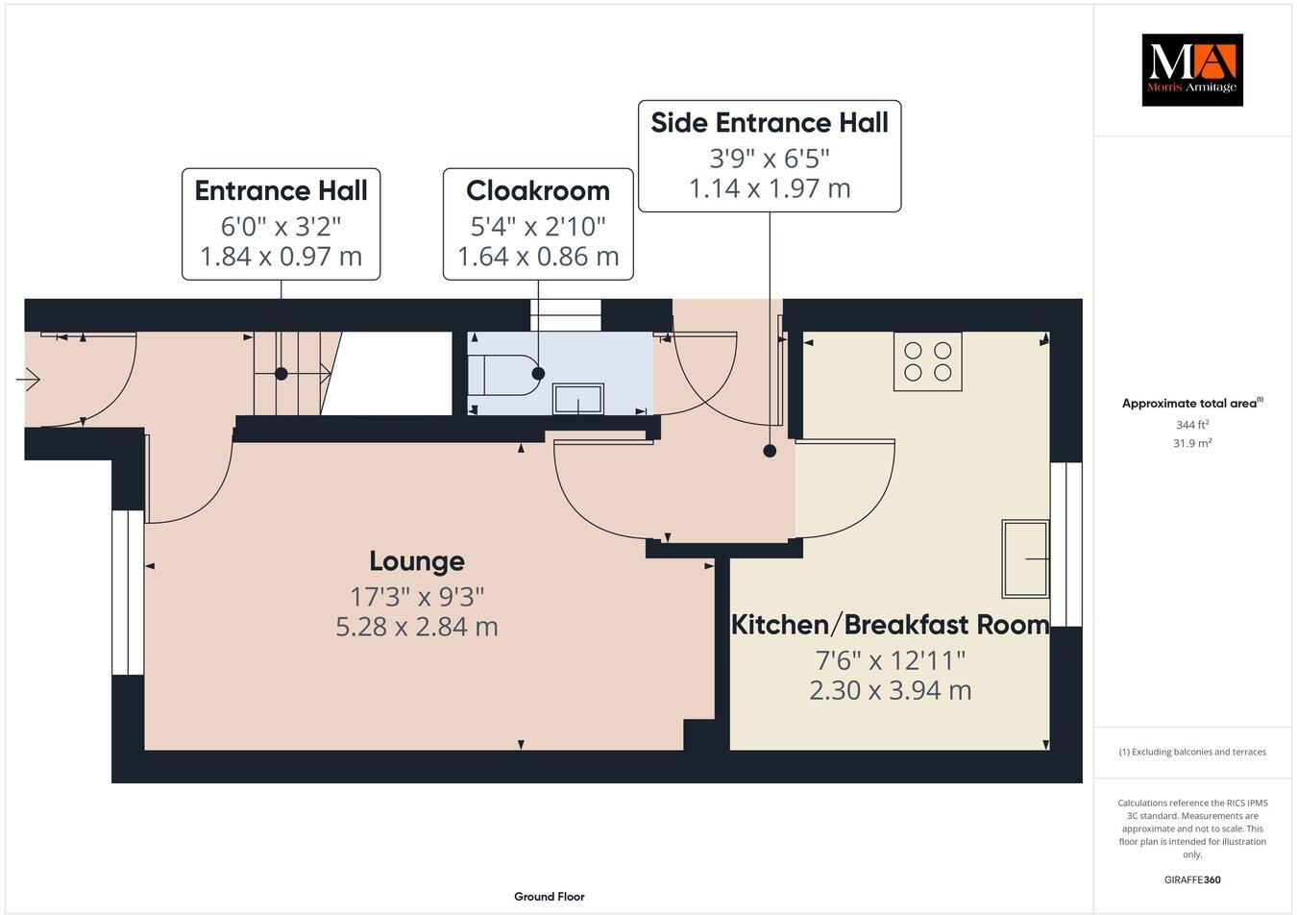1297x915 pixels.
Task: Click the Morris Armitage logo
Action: pos(1191,69)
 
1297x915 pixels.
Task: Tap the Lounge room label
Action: pos(417,560)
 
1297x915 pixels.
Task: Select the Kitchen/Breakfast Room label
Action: pos(890,625)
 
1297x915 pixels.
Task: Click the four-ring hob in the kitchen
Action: pos(928,361)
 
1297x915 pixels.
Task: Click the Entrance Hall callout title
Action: pos(281,190)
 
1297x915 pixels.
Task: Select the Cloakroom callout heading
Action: pos(538,190)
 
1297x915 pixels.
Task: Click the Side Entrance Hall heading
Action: pos(770,123)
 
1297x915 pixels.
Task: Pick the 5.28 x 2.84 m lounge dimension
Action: pos(417,627)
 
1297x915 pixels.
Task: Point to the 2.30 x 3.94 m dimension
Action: pos(890,690)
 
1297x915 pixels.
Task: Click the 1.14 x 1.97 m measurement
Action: pos(770,188)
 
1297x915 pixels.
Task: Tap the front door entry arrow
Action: pos(28,382)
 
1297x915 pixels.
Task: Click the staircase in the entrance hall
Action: pos(292,374)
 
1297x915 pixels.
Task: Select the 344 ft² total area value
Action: pos(1192,424)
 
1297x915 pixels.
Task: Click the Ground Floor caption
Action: pos(549,896)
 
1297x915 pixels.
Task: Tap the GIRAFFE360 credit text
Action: pos(1192,878)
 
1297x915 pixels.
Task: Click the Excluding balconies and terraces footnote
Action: pos(1192,752)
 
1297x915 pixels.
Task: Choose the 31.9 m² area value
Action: pos(1192,443)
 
